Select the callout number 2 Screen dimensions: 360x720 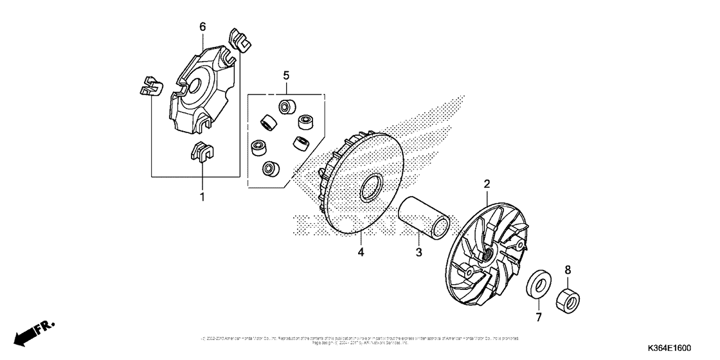(487, 184)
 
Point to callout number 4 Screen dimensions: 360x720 (361, 252)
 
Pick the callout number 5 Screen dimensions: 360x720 (286, 75)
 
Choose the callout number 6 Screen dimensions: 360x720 (203, 26)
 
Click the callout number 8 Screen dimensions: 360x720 (567, 271)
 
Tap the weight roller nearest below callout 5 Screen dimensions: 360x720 (285, 105)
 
